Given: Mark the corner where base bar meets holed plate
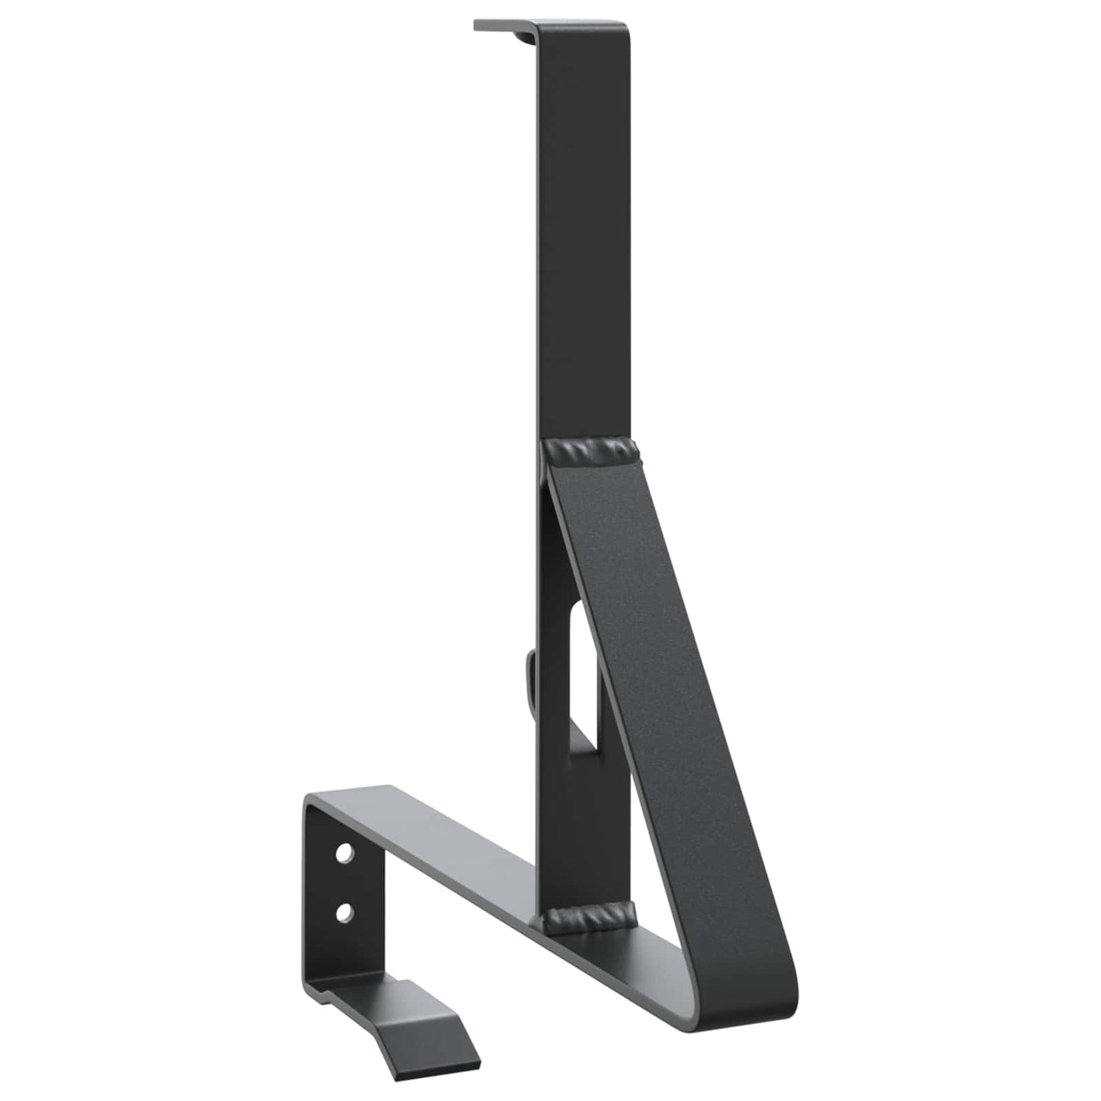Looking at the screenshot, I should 312,805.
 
